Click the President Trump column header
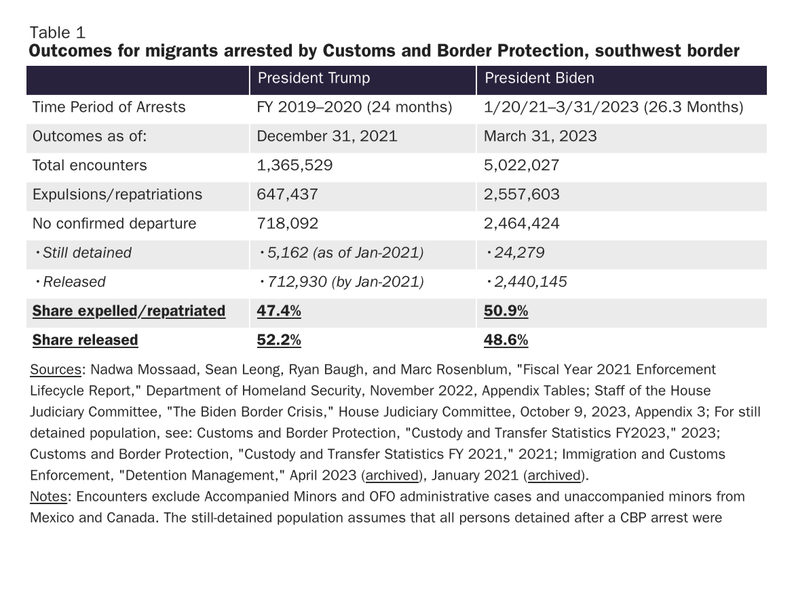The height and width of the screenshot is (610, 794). pos(314,78)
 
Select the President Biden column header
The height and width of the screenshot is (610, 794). pos(539,78)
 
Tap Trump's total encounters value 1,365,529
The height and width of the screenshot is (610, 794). pos(295,166)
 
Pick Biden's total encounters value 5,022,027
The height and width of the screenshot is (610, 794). pos(522,166)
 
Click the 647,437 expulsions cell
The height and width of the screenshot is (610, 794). pos(287,194)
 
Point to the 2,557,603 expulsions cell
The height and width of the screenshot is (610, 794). pos(522,194)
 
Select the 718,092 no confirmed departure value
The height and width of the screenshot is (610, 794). pos(288,224)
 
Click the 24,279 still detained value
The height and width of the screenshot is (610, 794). pos(519,252)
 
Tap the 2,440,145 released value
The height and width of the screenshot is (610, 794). pos(530,282)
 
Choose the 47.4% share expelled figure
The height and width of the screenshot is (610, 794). pos(279,311)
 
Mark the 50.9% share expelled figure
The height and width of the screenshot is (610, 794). pos(506,311)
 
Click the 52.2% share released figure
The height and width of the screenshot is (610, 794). pos(279,340)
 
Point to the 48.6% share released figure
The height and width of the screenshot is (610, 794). pos(506,340)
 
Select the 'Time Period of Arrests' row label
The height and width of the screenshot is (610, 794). pos(109,107)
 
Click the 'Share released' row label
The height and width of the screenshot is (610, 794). pos(85,340)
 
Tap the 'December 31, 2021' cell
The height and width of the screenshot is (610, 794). pos(326,136)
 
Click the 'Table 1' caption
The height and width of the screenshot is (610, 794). pos(58,33)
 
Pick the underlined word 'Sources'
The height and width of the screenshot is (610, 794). pos(55,370)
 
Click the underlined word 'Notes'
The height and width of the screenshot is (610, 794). pos(48,497)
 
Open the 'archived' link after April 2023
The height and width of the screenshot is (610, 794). pos(392,476)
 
